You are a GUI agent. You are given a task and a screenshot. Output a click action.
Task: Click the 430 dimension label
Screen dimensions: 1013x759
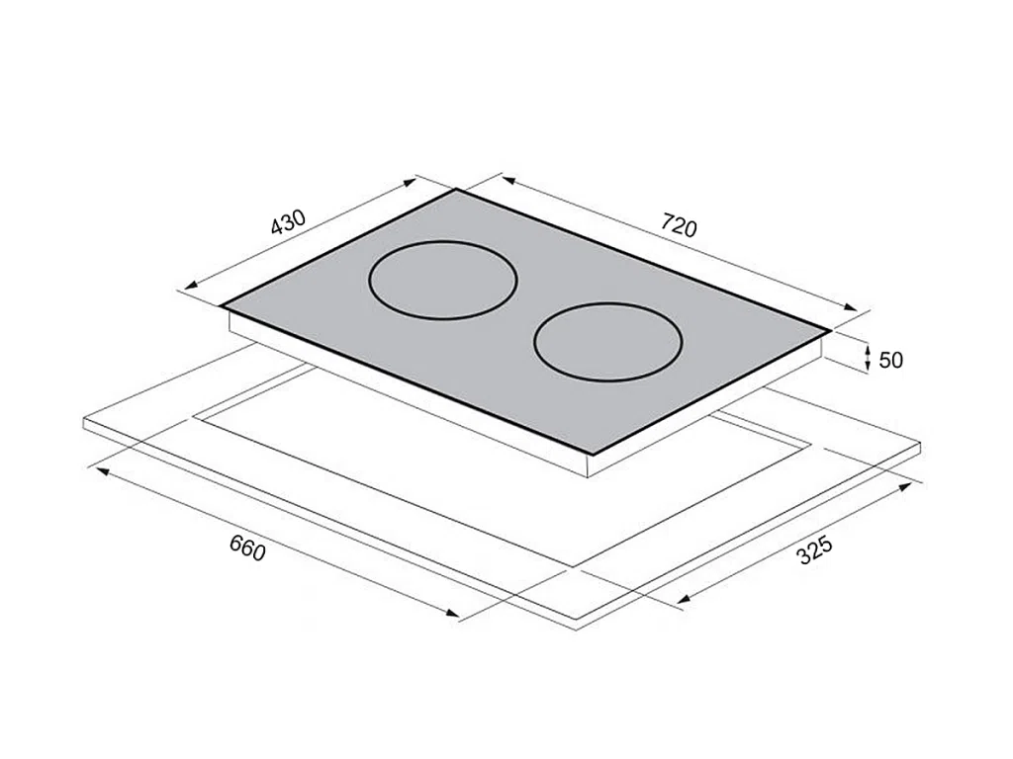pos(288,222)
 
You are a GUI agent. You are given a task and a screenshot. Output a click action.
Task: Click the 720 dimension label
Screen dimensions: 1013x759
pos(679,225)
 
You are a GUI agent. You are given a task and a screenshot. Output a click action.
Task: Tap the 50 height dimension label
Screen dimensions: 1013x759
pos(891,360)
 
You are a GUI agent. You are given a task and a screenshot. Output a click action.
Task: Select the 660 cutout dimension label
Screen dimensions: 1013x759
pos(247,548)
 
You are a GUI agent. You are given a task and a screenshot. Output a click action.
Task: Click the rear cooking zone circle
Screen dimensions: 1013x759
pos(442,281)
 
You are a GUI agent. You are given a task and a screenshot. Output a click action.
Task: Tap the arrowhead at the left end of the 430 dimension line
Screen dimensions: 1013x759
pos(191,287)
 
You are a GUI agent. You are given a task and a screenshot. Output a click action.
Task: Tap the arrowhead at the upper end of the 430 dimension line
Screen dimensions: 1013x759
pos(410,183)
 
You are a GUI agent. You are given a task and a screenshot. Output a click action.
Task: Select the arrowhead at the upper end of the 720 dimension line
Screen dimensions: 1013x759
pos(508,181)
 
